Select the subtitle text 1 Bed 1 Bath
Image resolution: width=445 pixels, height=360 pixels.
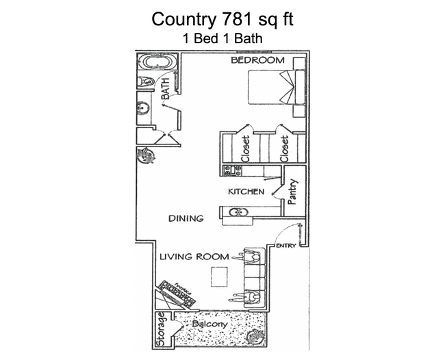coord(222,39)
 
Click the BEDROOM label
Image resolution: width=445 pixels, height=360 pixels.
coord(257,61)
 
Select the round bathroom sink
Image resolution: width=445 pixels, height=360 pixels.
coord(144,108)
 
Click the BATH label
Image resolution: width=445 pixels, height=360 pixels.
coord(165,89)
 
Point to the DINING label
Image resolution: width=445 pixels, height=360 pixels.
coord(186,219)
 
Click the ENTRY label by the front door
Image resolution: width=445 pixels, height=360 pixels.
coord(285,246)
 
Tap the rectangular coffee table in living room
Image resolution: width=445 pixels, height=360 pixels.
coord(219,276)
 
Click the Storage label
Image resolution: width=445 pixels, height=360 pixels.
coord(161,329)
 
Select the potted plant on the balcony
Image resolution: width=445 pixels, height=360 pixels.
coord(257,336)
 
